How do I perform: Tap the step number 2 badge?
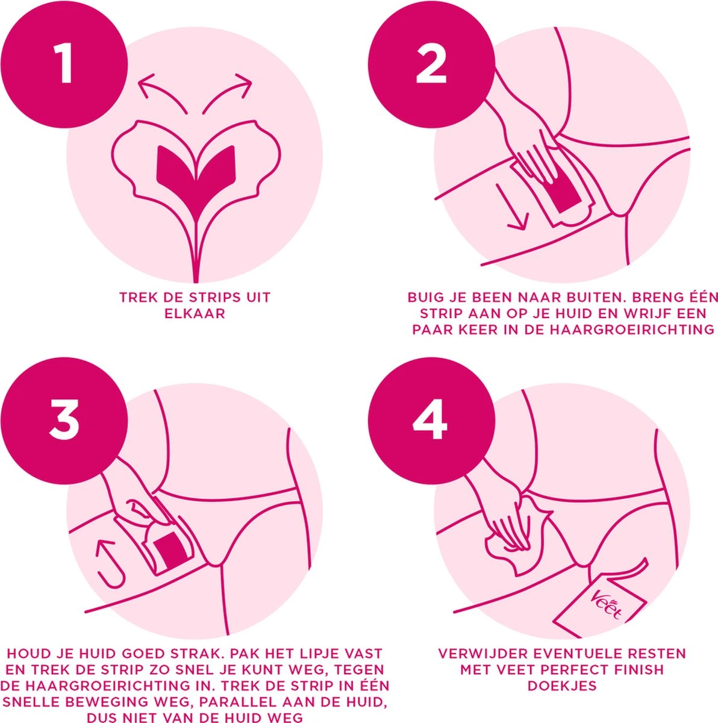coord(431,64)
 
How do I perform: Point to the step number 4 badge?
coord(430,420)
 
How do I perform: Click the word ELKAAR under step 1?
coord(195,314)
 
